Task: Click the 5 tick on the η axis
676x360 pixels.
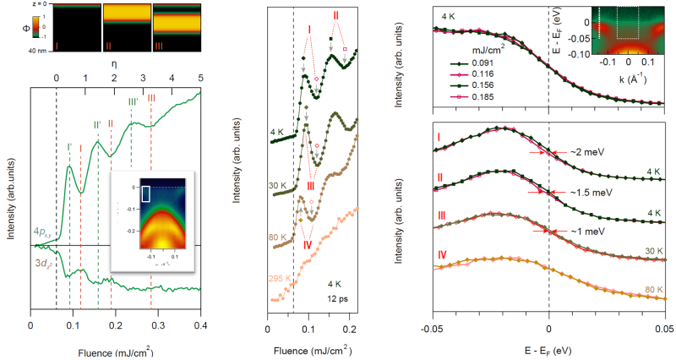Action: (200, 77)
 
